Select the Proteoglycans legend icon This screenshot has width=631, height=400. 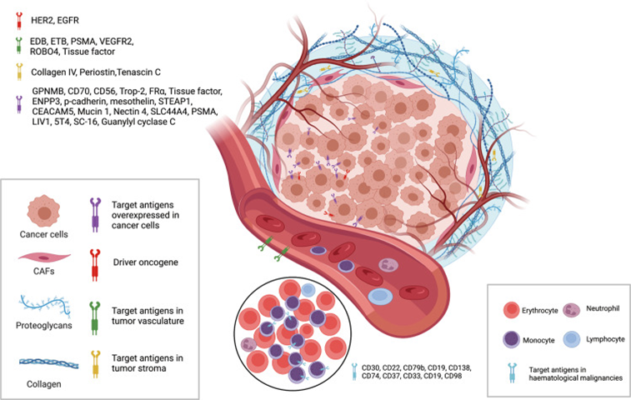45,304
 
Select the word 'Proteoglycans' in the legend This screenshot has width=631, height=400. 45,330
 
